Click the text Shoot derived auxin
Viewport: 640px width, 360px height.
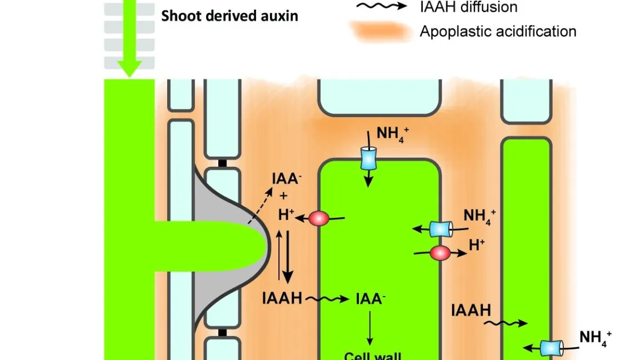229,16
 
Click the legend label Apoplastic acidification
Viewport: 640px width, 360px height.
498,31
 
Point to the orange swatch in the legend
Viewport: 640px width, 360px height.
380,31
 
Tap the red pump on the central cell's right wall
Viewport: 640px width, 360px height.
440,253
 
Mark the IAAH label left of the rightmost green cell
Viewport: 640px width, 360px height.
471,309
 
